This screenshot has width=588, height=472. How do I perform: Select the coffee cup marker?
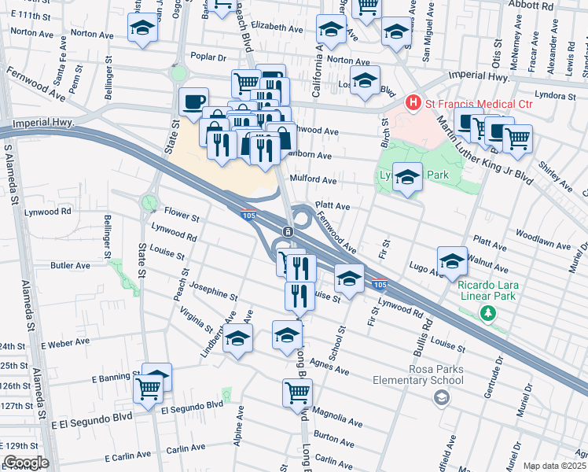[193, 101]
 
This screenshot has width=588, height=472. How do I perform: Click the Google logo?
[26, 462]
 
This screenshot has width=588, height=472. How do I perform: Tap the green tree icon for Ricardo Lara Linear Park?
[487, 314]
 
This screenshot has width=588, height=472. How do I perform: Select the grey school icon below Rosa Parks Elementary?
[443, 398]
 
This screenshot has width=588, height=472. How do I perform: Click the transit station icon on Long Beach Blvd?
[288, 231]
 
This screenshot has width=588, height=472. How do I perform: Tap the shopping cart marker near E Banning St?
[148, 388]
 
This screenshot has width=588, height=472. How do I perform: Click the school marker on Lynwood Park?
[407, 177]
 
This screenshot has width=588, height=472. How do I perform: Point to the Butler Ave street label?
[68, 266]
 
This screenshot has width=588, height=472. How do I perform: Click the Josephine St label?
[213, 291]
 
